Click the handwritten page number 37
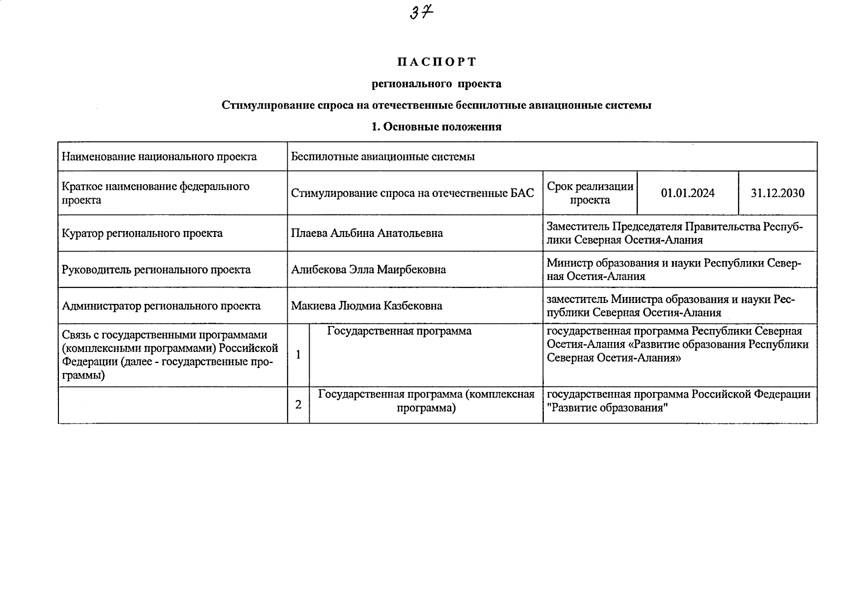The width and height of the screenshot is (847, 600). [x=421, y=11]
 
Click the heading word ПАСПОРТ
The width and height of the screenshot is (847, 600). [x=437, y=62]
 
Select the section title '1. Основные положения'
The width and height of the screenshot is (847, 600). [x=436, y=126]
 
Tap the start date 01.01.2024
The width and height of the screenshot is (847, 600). [x=688, y=193]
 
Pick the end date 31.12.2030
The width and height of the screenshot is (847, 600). [x=778, y=193]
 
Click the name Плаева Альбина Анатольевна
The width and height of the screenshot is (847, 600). [x=367, y=233]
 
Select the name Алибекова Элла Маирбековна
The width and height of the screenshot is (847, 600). [x=369, y=269]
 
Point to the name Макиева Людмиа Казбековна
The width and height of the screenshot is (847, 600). [x=367, y=305]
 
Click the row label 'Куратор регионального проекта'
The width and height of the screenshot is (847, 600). [x=142, y=233]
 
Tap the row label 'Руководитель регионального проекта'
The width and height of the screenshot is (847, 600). [x=156, y=269]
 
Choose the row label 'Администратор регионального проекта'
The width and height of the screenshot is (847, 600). [x=161, y=305]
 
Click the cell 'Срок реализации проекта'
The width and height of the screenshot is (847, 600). [x=590, y=193]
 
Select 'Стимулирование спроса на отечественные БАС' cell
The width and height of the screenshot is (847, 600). [x=413, y=193]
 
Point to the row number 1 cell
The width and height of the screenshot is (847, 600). [x=298, y=355]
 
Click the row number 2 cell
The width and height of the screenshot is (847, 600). [x=298, y=404]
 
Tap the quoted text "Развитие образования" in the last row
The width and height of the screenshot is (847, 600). [x=607, y=407]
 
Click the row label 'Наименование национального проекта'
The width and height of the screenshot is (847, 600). [x=159, y=156]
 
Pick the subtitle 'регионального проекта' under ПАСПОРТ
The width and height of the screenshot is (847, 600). [x=436, y=83]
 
